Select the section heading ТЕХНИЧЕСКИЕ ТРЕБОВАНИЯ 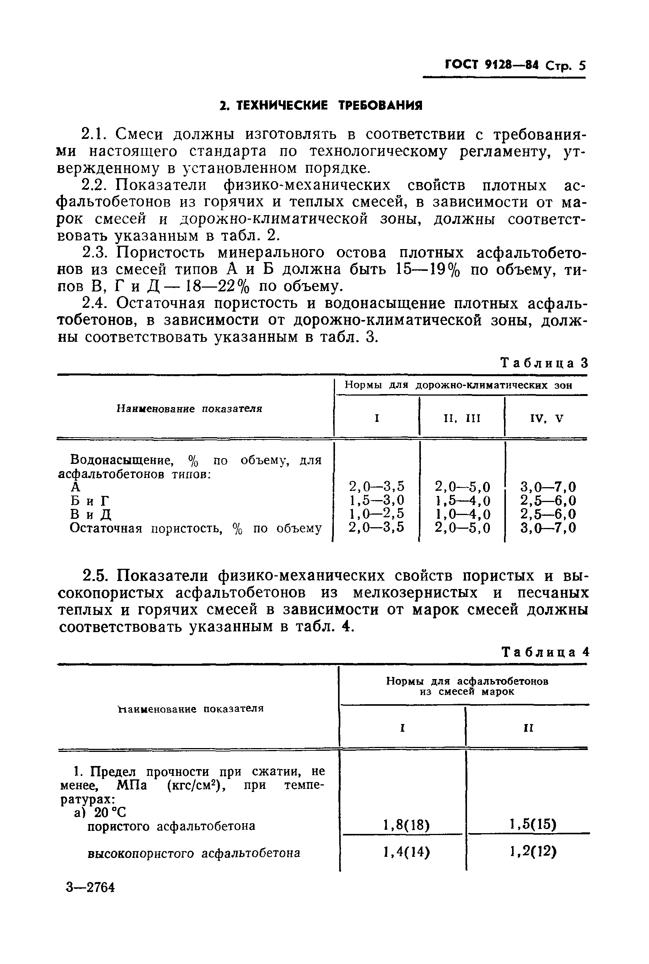(x=321, y=106)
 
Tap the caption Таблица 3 (x=544, y=363)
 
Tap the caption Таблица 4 (x=545, y=652)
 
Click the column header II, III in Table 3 (x=462, y=418)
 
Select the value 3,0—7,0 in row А (x=548, y=486)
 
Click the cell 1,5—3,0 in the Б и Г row (x=376, y=500)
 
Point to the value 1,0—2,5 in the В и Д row (x=376, y=514)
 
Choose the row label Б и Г (x=89, y=501)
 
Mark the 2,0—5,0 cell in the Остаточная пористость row (x=462, y=528)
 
